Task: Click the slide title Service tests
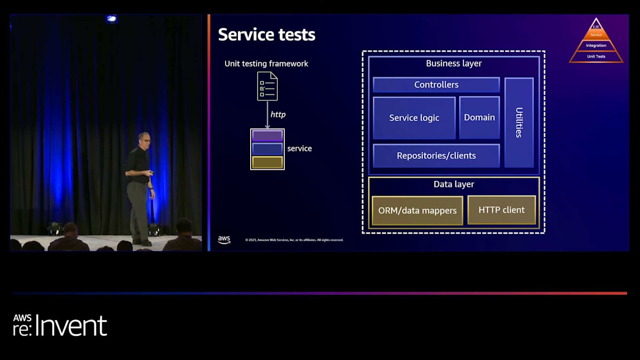267,35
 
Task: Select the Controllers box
436,85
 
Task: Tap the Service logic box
414,118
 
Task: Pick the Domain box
479,117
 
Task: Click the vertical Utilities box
519,122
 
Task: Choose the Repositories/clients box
436,156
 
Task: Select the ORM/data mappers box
417,211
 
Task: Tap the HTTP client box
501,210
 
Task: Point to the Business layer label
454,63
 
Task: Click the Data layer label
454,185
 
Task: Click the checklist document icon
267,86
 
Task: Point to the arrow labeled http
267,115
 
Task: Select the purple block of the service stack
267,135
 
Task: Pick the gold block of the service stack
267,162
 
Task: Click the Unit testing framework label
266,64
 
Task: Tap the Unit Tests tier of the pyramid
596,57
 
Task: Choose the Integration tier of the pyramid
596,46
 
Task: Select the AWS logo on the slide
224,240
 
